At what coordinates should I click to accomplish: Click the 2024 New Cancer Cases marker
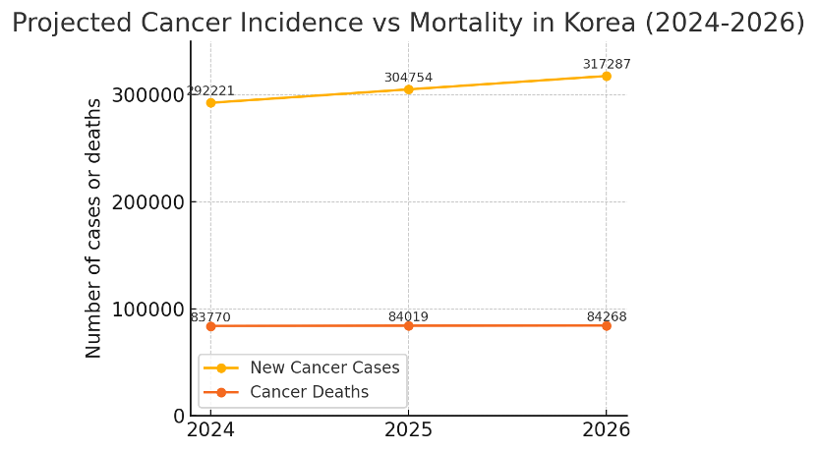click(210, 102)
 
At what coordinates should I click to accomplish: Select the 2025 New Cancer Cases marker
click(408, 89)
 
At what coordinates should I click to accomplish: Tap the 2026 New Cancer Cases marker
click(606, 76)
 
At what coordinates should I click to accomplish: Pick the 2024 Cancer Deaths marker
click(210, 325)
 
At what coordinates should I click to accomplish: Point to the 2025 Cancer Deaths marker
click(408, 325)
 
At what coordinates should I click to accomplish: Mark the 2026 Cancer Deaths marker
click(606, 325)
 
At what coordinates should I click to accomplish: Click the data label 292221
click(210, 90)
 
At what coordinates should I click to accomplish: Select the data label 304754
click(408, 78)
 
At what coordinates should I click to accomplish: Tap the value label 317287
click(607, 64)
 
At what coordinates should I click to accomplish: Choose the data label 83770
click(210, 316)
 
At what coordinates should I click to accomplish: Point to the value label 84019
click(408, 316)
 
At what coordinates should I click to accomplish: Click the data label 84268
click(607, 316)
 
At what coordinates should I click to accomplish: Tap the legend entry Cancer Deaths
click(309, 392)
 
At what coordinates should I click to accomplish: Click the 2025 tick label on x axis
click(408, 430)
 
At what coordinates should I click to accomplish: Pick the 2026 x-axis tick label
click(606, 430)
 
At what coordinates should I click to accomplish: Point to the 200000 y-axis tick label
click(150, 202)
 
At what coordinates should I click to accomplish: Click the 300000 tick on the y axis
click(150, 95)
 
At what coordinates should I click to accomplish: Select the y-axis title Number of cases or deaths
click(94, 228)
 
